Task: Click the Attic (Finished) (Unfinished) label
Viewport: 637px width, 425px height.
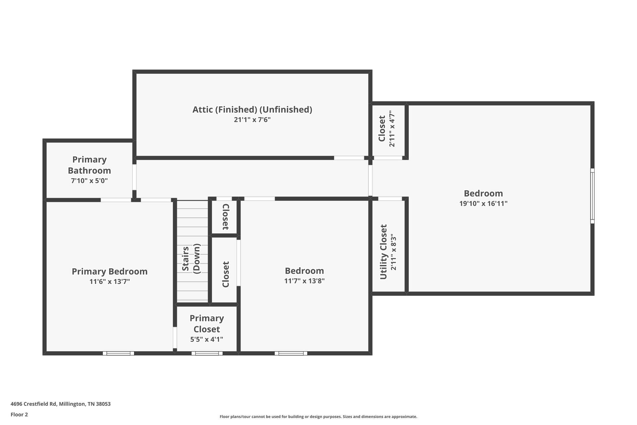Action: click(252, 110)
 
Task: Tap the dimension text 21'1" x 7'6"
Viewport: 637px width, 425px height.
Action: click(252, 120)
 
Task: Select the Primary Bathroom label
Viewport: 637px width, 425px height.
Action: click(89, 165)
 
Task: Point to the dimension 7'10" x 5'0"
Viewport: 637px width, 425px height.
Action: click(89, 181)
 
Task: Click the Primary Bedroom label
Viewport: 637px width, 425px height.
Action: click(109, 272)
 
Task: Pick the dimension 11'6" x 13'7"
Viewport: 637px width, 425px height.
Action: click(109, 282)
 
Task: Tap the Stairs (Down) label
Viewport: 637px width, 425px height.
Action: click(191, 259)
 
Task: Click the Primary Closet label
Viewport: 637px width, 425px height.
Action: click(206, 324)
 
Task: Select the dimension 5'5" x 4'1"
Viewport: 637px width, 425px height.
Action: click(206, 339)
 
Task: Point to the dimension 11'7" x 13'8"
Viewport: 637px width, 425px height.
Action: click(304, 281)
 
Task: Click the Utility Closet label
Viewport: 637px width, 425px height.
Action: click(383, 252)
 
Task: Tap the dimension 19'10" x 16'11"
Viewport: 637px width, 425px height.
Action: click(483, 204)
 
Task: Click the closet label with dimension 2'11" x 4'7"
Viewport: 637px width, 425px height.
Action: click(382, 128)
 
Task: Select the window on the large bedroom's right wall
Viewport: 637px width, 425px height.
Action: click(592, 196)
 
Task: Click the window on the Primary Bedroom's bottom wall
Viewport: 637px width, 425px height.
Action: click(118, 353)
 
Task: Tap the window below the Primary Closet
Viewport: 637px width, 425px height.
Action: click(207, 353)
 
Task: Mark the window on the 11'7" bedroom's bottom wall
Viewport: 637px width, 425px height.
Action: click(291, 353)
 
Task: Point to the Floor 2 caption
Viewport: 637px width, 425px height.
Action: click(19, 415)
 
